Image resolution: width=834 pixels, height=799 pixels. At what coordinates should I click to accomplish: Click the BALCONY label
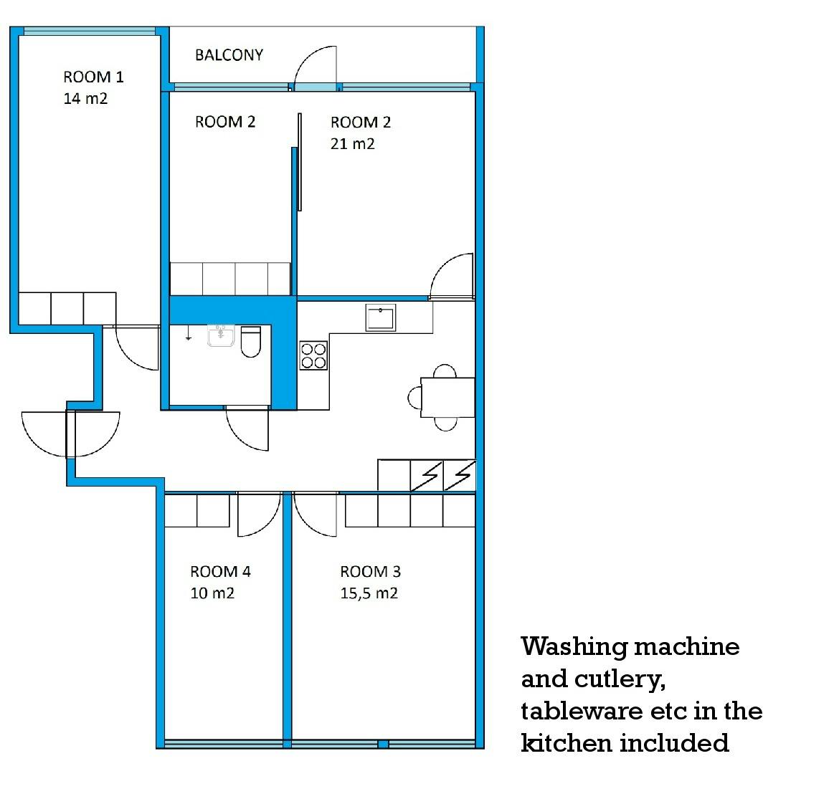click(x=229, y=55)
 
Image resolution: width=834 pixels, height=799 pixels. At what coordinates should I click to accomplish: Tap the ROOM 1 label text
click(x=94, y=77)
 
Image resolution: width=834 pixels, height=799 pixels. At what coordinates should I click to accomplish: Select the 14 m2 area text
click(x=85, y=98)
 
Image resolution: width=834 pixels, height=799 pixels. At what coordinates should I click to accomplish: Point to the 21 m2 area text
click(x=353, y=143)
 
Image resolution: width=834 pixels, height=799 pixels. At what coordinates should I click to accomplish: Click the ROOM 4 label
click(x=220, y=571)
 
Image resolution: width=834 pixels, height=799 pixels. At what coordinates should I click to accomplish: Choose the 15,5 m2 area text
click(x=369, y=593)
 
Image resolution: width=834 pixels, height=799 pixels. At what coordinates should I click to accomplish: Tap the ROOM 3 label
click(x=370, y=571)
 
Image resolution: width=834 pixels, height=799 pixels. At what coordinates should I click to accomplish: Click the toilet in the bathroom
click(x=251, y=341)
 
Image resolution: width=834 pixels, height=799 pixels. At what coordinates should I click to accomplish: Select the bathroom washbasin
click(x=221, y=335)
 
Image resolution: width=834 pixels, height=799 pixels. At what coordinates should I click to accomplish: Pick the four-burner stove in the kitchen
click(x=313, y=355)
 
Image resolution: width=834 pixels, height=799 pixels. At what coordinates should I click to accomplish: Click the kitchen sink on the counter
click(x=380, y=318)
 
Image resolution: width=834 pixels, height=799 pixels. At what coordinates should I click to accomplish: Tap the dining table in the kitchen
click(x=448, y=397)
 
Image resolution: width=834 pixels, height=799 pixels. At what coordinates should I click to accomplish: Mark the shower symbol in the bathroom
click(x=189, y=333)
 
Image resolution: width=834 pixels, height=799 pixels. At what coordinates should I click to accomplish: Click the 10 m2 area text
click(x=212, y=593)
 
